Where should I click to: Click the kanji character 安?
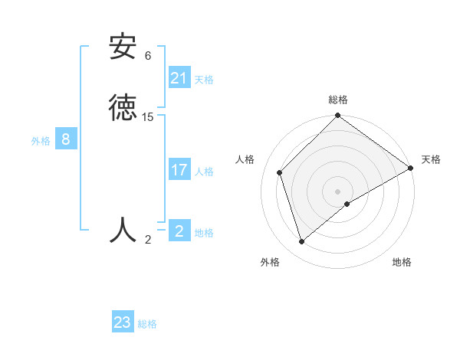(123, 47)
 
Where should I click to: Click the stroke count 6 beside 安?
(148, 56)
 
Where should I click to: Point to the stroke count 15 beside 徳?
(148, 117)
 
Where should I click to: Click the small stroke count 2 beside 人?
(148, 240)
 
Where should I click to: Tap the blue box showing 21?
(179, 77)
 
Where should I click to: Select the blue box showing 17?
(179, 170)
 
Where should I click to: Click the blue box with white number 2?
(179, 231)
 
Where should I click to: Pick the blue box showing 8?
(66, 139)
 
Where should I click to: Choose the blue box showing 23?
(123, 322)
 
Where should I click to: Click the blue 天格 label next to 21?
(204, 79)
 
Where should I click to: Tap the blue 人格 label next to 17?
(204, 172)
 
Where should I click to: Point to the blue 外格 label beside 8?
(41, 141)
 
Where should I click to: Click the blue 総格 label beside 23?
(147, 324)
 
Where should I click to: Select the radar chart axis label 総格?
(338, 100)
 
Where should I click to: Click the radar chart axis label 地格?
(402, 262)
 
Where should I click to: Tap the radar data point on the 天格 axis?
(411, 169)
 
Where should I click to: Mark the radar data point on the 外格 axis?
(302, 242)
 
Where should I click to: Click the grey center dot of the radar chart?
(338, 191)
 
